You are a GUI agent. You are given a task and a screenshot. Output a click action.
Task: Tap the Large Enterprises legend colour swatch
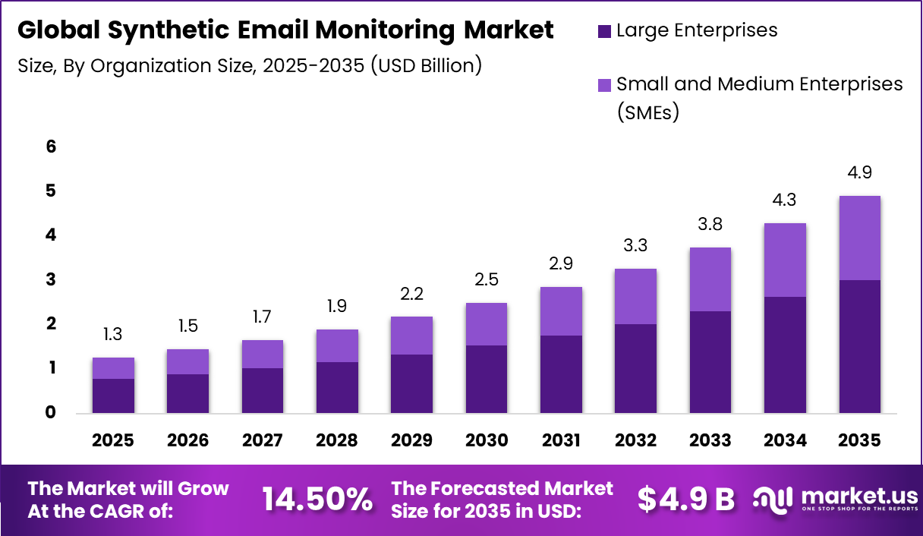click(604, 31)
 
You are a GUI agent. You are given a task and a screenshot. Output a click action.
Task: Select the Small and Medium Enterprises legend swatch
click(604, 85)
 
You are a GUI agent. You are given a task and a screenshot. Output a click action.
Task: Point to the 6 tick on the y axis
click(51, 147)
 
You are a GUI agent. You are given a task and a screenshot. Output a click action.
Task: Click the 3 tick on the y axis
click(51, 280)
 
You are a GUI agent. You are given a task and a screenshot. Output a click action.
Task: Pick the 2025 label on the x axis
click(114, 441)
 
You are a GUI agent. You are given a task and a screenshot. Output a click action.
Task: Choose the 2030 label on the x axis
click(487, 441)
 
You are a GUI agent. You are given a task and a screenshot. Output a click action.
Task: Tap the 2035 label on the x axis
click(859, 441)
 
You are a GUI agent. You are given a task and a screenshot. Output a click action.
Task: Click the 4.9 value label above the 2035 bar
click(859, 172)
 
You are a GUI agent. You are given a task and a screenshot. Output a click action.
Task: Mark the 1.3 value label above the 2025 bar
click(114, 334)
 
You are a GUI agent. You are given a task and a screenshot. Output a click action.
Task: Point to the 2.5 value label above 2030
click(487, 279)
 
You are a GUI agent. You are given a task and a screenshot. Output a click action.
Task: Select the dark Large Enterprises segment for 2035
click(859, 346)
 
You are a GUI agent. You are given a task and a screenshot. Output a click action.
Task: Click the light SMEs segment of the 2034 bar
click(785, 260)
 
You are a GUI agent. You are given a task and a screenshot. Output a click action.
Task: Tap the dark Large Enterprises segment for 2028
click(337, 387)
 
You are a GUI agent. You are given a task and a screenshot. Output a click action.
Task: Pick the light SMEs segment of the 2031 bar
click(561, 311)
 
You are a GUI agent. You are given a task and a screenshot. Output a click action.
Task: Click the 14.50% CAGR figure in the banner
click(317, 500)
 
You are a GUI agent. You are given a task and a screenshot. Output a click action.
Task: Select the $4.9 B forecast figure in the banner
click(685, 500)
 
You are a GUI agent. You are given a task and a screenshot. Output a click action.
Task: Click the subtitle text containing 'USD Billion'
click(250, 66)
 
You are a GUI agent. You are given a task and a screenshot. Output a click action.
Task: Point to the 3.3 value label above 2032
click(635, 246)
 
